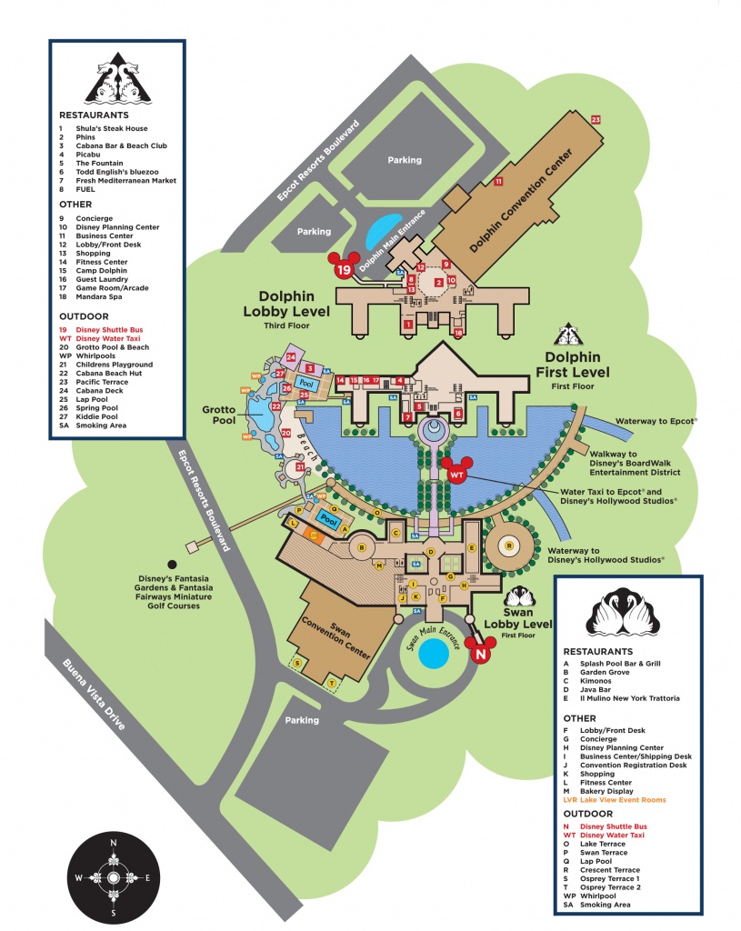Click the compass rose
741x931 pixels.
pyautogui.click(x=113, y=879)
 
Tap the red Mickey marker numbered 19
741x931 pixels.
pyautogui.click(x=344, y=267)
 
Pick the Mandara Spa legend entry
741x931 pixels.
pyautogui.click(x=102, y=296)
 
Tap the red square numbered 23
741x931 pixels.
pyautogui.click(x=596, y=119)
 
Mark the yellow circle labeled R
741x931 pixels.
pyautogui.click(x=510, y=546)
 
